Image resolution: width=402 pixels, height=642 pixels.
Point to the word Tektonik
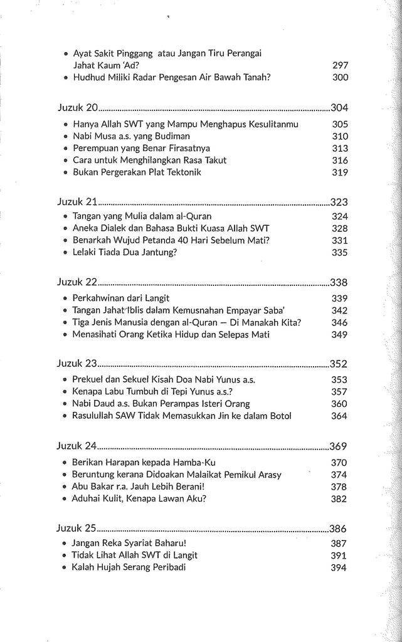point(179,172)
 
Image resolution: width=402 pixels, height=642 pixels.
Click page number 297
point(340,65)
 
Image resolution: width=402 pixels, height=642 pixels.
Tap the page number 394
point(340,568)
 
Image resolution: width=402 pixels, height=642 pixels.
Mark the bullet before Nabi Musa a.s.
point(66,136)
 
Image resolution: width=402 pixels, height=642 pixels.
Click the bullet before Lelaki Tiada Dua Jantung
point(66,253)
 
